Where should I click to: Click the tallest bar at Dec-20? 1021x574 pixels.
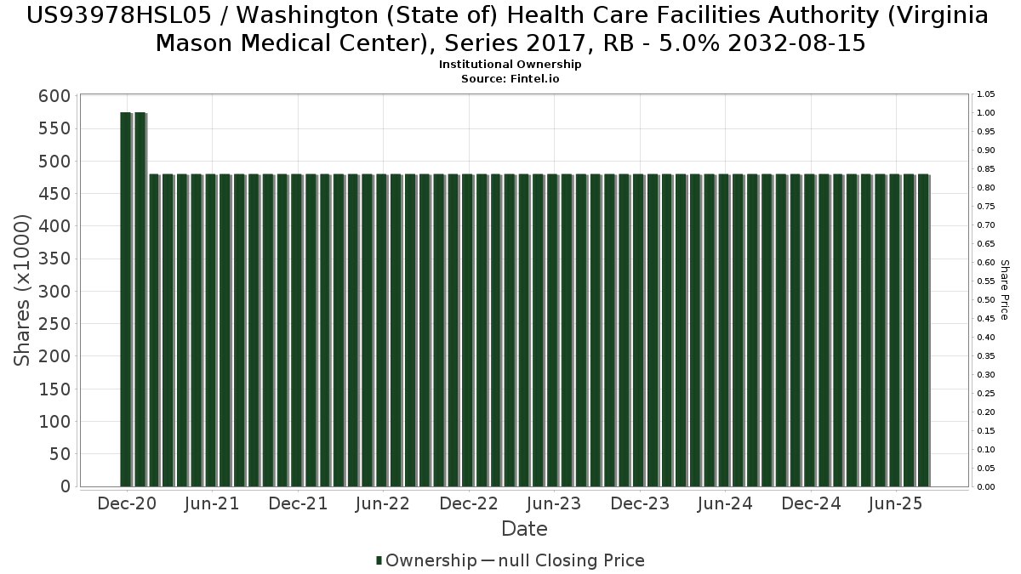click(126, 298)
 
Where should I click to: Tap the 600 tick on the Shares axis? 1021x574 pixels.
click(54, 96)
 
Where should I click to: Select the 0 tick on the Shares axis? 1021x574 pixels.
click(64, 486)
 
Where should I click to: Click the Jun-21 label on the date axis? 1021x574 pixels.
click(212, 503)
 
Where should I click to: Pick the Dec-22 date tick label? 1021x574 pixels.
click(469, 503)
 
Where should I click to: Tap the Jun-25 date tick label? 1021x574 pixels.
click(894, 503)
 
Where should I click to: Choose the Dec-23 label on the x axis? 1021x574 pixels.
click(640, 503)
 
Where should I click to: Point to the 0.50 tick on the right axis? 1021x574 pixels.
click(986, 300)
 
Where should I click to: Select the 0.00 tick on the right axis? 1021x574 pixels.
click(986, 487)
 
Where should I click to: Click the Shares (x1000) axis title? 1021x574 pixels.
click(23, 291)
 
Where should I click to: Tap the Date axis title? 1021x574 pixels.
click(524, 529)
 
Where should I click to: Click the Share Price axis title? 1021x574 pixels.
click(1005, 290)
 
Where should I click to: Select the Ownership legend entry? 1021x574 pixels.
click(427, 560)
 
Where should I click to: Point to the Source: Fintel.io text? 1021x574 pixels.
click(510, 78)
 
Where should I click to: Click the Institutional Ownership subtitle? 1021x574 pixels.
click(510, 65)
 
